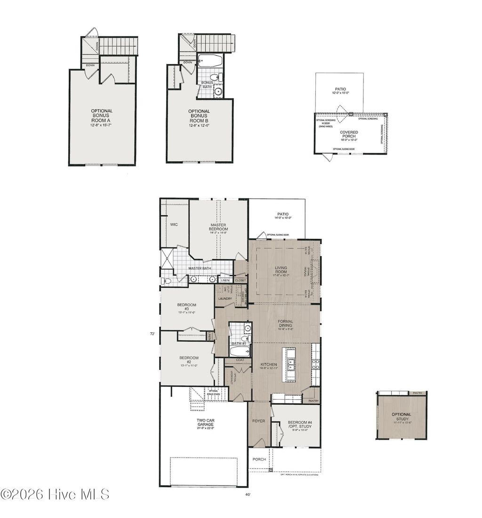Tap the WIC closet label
click(x=174, y=225)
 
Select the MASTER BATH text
click(x=200, y=268)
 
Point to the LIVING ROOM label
click(x=281, y=270)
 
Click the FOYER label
click(x=259, y=421)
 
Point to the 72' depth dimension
click(x=152, y=333)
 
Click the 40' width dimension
click(x=248, y=494)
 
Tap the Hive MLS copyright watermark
click(x=55, y=494)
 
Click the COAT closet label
click(x=240, y=360)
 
